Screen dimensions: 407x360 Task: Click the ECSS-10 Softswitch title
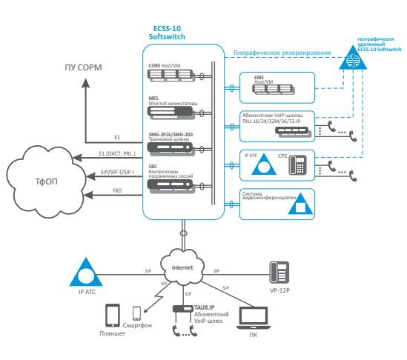[167, 33]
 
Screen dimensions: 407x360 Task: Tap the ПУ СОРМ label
[83, 67]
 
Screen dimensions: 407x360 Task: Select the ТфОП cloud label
[46, 181]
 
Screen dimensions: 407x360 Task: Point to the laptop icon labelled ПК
[254, 318]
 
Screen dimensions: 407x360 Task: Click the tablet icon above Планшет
[113, 316]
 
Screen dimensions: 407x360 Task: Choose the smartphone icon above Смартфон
[136, 313]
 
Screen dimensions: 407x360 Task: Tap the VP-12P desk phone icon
[279, 273]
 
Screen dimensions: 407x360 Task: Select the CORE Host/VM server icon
[171, 76]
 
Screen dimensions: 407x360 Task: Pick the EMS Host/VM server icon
[273, 89]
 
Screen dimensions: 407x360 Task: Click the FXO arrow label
[117, 190]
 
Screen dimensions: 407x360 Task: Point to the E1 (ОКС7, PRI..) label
[117, 153]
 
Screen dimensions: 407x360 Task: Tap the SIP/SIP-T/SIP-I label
[117, 172]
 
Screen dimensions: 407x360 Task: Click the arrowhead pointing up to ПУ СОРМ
[86, 84]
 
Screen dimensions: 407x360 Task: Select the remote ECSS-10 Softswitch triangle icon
[353, 58]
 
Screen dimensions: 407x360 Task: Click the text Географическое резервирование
[282, 53]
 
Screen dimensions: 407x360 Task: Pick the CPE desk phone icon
[298, 164]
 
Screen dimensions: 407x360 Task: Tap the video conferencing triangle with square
[300, 204]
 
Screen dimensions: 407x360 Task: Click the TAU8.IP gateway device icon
[183, 309]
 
